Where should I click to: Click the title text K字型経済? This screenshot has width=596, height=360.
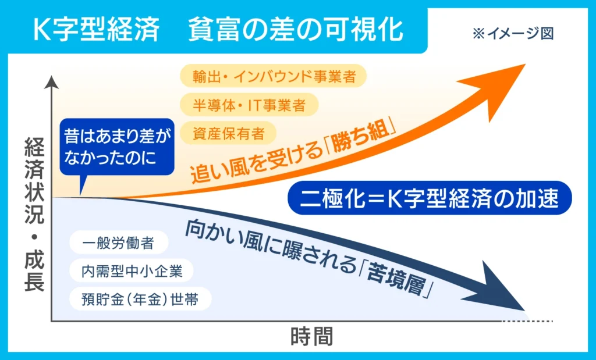pos(96,30)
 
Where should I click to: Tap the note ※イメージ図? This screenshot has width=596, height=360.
pos(513,34)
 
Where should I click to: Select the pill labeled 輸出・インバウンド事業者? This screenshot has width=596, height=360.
pos(273,76)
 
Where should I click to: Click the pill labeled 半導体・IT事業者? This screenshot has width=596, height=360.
pos(249,105)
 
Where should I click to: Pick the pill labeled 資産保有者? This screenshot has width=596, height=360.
pos(228,133)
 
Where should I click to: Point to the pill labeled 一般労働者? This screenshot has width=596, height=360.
pos(119,243)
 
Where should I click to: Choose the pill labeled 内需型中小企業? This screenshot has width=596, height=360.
pos(132,271)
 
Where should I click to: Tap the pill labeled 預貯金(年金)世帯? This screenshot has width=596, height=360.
pos(140,299)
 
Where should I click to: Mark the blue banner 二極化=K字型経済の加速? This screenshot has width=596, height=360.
pos(430,198)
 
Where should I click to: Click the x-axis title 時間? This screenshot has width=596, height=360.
pos(312,337)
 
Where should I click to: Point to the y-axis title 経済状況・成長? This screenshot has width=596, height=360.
pos(34,215)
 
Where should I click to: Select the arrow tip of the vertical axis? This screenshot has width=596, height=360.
pos(51,77)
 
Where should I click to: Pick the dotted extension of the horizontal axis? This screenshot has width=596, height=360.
pos(527,321)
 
